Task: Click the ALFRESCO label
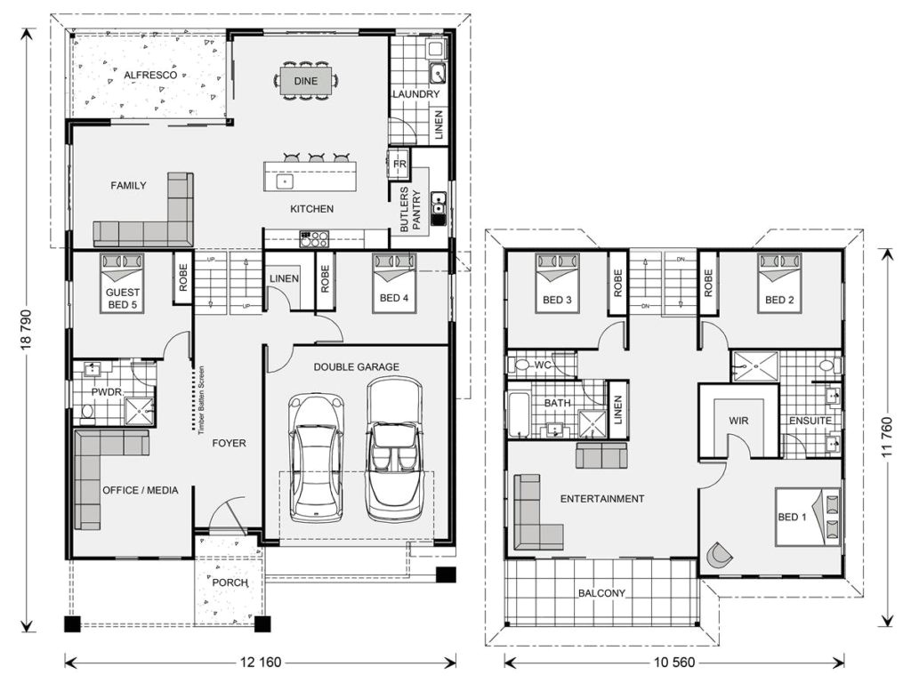click(x=150, y=75)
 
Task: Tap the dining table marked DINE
click(x=305, y=81)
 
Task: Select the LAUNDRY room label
click(x=415, y=94)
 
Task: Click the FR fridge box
click(x=399, y=165)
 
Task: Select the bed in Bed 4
click(x=394, y=278)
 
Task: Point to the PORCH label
click(x=230, y=583)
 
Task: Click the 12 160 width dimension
click(x=262, y=662)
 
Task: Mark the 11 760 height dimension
click(x=885, y=436)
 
